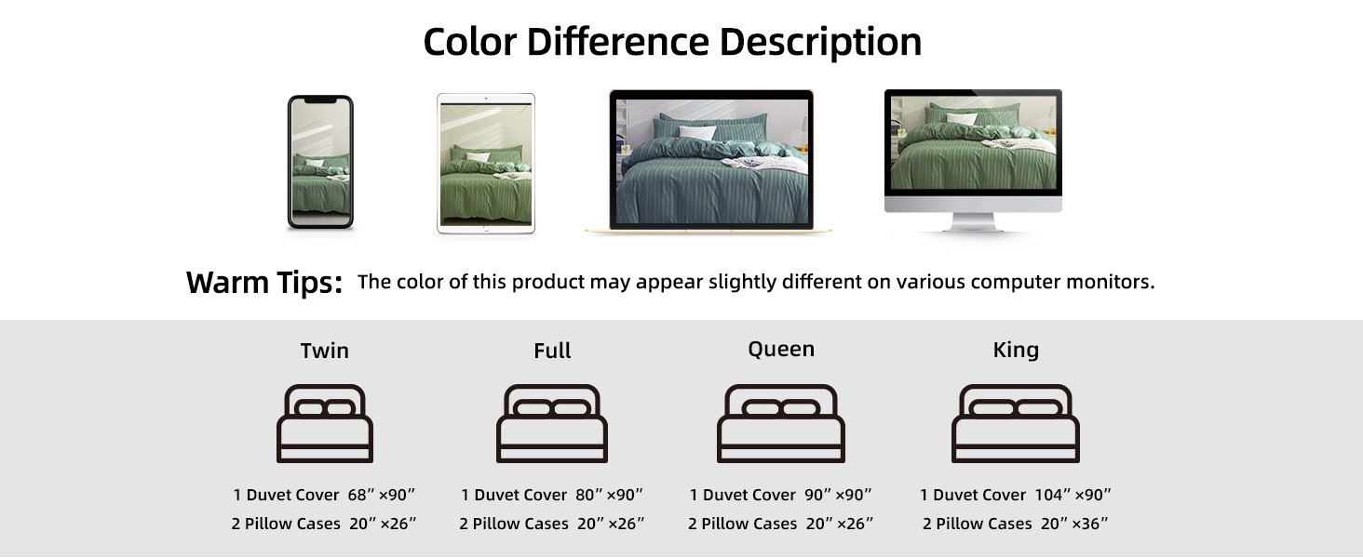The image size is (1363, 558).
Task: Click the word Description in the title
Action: pos(820,43)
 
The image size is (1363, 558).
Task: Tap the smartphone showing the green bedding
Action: pos(320,163)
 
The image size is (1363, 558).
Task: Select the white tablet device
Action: pos(486,163)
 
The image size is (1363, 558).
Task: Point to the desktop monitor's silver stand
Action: pos(973,221)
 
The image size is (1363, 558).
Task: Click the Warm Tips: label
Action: pos(264,283)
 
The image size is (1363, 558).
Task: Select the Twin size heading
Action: pos(324,351)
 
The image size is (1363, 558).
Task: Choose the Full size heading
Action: pos(552,351)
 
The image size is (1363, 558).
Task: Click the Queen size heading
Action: pos(781,350)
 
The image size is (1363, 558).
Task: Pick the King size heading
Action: pos(1016,350)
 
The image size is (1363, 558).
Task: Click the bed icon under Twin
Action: pos(325,424)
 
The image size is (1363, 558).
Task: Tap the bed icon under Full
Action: pos(552,424)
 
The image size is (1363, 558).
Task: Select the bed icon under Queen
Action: pos(781,424)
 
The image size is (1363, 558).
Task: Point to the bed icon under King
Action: pos(1016,424)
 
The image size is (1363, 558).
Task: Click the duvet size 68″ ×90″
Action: pos(381,495)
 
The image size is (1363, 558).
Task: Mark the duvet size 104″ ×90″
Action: pos(1073,495)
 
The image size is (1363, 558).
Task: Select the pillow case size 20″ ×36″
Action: pos(1074,524)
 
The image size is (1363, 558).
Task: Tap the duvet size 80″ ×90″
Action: pos(609,495)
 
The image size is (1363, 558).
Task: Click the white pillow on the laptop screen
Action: pos(697,132)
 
